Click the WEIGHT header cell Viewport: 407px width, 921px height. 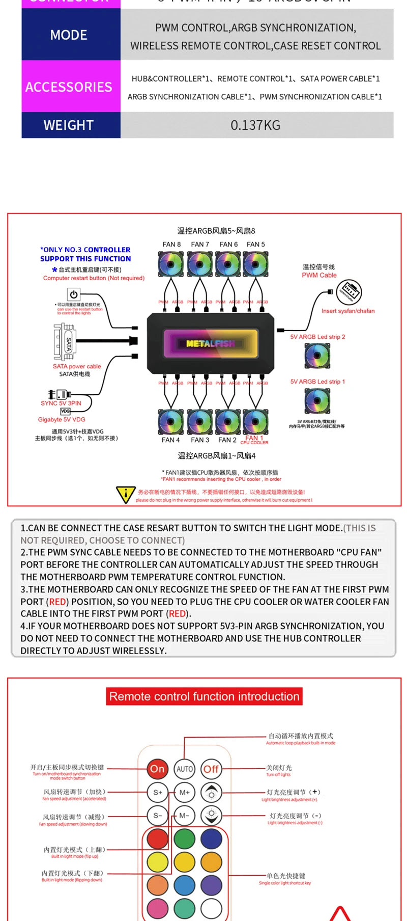pyautogui.click(x=69, y=125)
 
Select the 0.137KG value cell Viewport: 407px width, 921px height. pyautogui.click(x=256, y=125)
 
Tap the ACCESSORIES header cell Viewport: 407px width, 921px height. pyautogui.click(x=69, y=87)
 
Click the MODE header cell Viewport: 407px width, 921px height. pyautogui.click(x=69, y=35)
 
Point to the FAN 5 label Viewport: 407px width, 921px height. pyautogui.click(x=256, y=245)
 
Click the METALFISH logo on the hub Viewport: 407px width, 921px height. pyautogui.click(x=211, y=343)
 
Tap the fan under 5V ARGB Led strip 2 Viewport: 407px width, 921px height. pyautogui.click(x=317, y=356)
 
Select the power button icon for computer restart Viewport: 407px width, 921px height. pyautogui.click(x=74, y=294)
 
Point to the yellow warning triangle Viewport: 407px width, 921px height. pyautogui.click(x=125, y=495)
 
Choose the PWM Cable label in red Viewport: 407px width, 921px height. pyautogui.click(x=319, y=275)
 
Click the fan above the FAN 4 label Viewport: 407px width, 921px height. pyautogui.click(x=171, y=422)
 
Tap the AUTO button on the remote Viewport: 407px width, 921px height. pyautogui.click(x=184, y=769)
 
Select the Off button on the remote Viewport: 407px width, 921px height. pyautogui.click(x=211, y=769)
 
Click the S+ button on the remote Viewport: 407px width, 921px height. pyautogui.click(x=157, y=793)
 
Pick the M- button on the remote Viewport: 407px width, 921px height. pyautogui.click(x=184, y=816)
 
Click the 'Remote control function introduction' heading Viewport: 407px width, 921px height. pyautogui.click(x=204, y=696)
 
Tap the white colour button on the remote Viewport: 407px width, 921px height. pyautogui.click(x=211, y=908)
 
